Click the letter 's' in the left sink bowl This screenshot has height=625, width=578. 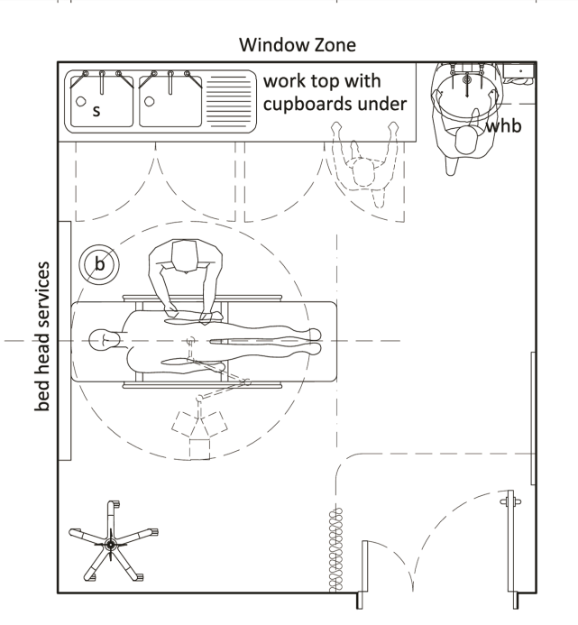point(96,111)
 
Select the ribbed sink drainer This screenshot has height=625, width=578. point(229,100)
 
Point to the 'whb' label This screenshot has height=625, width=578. point(503,127)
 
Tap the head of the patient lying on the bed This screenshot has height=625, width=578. point(104,341)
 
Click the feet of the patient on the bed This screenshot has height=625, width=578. point(311,340)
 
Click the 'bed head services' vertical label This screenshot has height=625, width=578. point(41,338)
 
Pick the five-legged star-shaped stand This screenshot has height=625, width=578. point(109,544)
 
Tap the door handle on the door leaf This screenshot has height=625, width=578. point(510,499)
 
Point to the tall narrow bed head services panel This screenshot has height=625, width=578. point(65,341)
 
